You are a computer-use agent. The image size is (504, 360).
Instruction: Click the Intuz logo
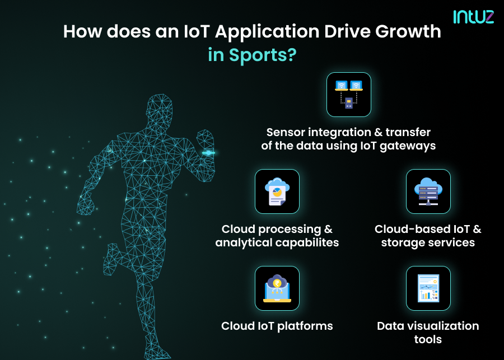[x=473, y=17]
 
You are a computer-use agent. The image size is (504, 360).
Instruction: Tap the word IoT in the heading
[x=194, y=31]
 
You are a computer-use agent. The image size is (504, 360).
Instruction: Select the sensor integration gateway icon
[x=348, y=94]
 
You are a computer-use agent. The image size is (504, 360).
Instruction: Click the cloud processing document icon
[x=277, y=191]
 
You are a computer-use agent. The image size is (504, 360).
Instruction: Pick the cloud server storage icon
[x=428, y=191]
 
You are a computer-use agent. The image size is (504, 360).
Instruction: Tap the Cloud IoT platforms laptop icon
[x=277, y=288]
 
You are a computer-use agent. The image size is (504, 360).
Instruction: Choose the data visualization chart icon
[x=428, y=288]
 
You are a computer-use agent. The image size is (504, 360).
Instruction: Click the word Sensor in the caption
[x=287, y=132]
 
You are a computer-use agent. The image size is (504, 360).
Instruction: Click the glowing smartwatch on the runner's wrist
[x=208, y=152]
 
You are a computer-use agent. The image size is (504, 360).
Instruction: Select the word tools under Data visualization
[x=428, y=340]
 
